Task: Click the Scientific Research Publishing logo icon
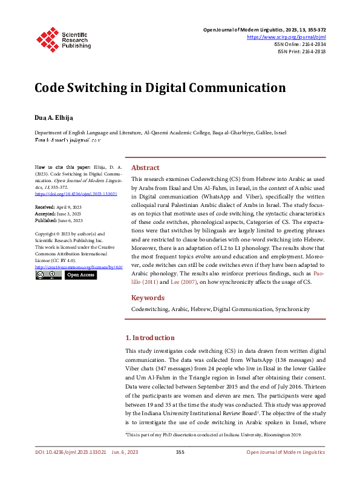click(46, 37)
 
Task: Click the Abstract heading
click(146, 168)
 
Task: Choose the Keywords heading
click(148, 298)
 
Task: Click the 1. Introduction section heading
click(149, 338)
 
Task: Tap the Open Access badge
click(80, 275)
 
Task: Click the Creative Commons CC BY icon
click(48, 275)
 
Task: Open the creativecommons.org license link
click(79, 266)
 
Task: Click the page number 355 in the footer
click(180, 469)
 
